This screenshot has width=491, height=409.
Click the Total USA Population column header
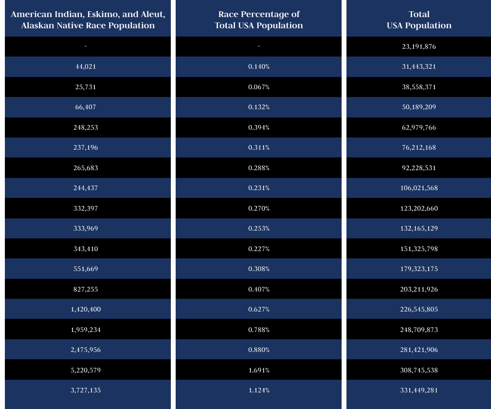coord(419,19)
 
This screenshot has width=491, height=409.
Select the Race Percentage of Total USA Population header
coord(258,19)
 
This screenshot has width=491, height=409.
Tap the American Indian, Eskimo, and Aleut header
coord(88,19)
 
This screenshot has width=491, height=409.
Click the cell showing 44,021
coord(86,67)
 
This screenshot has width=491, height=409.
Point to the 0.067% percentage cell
coord(258,87)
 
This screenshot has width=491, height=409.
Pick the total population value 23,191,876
coord(419,47)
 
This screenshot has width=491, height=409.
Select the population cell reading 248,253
coord(86,128)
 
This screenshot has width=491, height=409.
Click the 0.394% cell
coord(258,128)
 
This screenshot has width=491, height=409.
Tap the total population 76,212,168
coord(419,148)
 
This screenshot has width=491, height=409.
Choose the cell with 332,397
coord(86,209)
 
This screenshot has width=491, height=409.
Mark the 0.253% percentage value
coord(258,229)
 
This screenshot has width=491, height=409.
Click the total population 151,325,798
coord(419,249)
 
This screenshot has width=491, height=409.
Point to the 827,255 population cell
coord(86,290)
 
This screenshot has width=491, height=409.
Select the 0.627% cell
coord(258,310)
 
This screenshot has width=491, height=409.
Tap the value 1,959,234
coord(86,330)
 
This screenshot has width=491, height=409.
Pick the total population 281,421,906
coord(419,350)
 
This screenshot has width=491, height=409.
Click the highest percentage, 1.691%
coord(258,370)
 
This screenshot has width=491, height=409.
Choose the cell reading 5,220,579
coord(86,370)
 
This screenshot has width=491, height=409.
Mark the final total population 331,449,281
coord(419,390)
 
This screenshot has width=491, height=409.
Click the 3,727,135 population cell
coord(86,390)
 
